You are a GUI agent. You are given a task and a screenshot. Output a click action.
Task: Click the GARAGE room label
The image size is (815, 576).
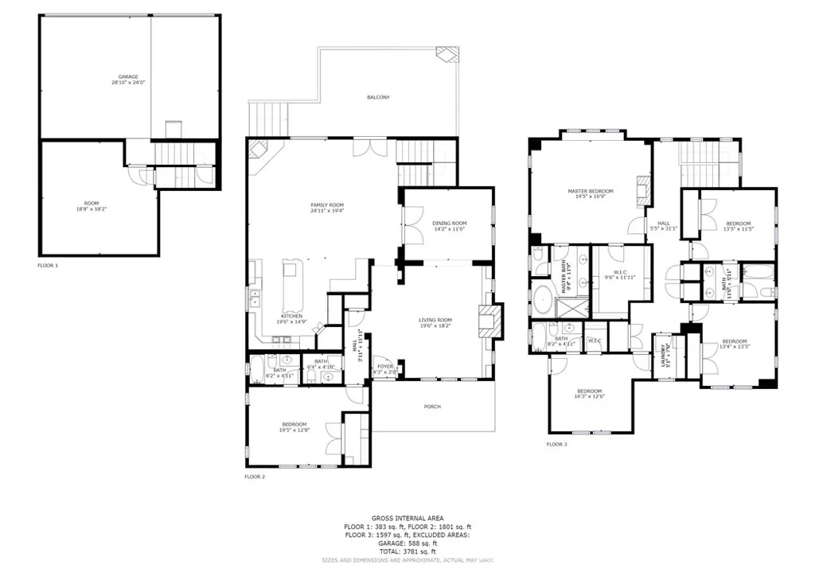129,77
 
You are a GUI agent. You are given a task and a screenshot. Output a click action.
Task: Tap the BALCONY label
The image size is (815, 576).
378,97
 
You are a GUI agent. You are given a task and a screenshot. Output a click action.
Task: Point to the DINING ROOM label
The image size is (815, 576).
450,223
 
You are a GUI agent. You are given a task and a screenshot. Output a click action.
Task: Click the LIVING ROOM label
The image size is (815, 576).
435,321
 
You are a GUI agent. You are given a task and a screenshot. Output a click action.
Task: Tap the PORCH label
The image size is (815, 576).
432,407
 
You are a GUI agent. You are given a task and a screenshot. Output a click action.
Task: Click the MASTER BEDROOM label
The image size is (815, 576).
590,191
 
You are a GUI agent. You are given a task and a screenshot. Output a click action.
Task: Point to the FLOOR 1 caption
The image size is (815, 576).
48,265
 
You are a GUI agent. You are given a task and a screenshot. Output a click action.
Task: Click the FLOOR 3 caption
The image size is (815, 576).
556,444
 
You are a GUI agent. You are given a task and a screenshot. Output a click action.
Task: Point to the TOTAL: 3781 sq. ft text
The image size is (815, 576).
406,551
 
